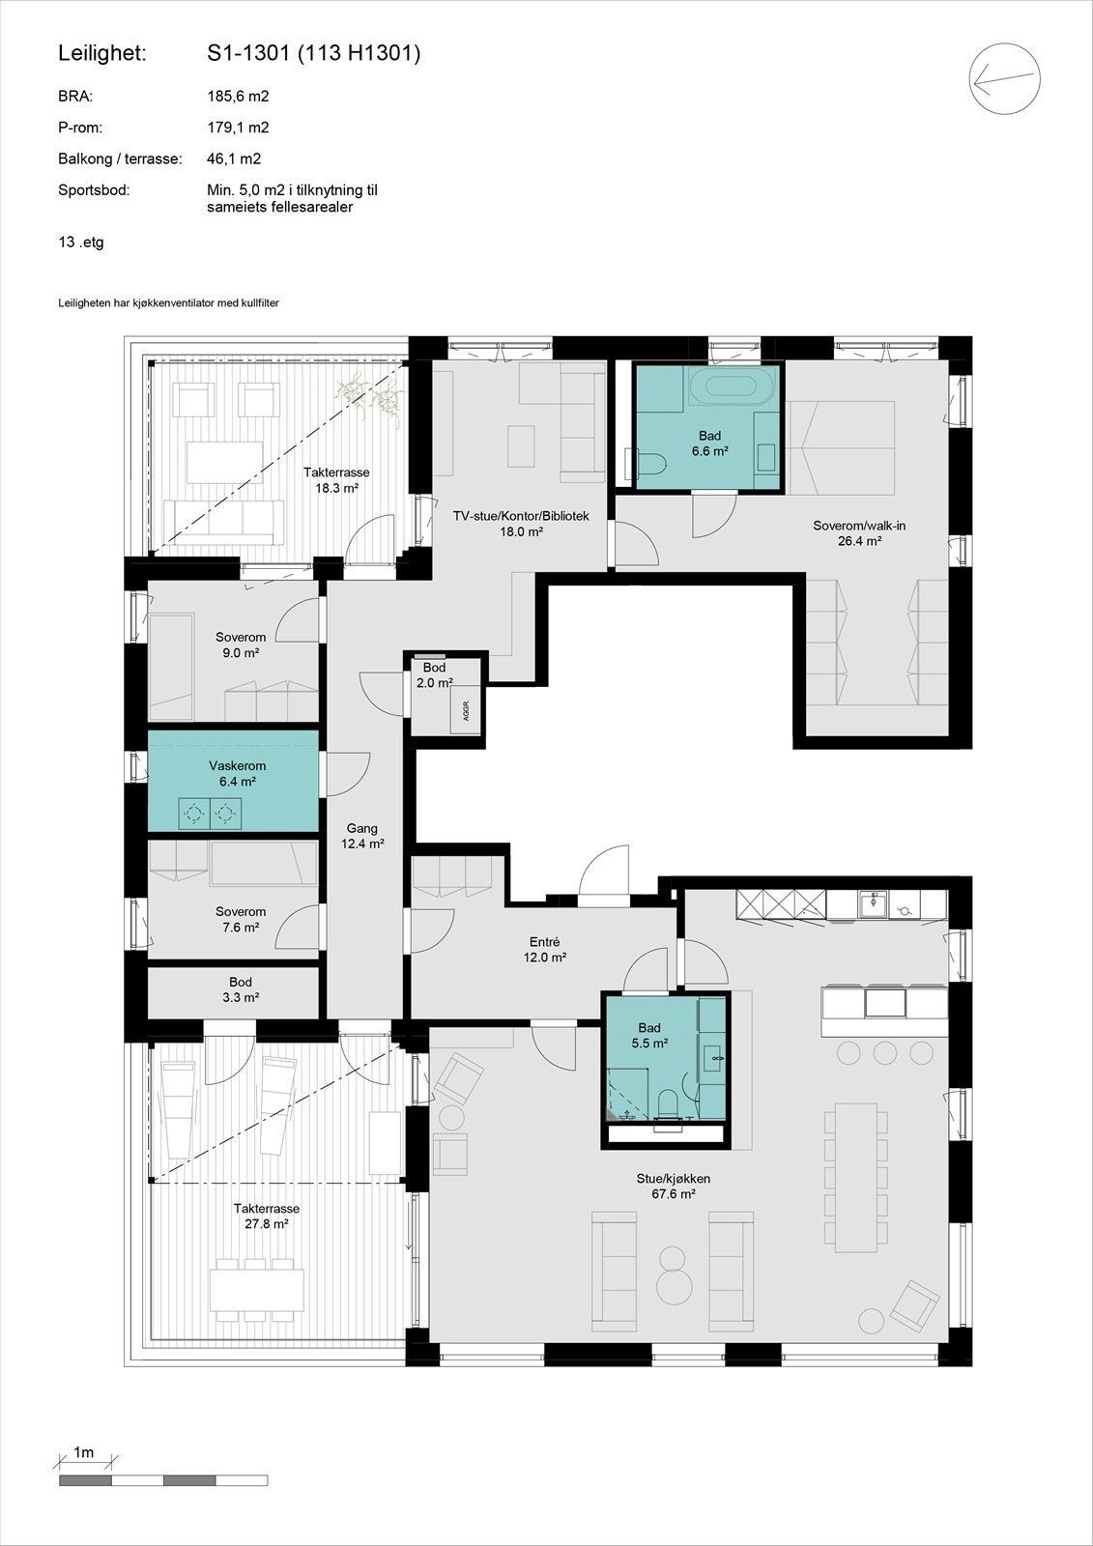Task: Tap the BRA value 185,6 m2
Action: click(x=238, y=97)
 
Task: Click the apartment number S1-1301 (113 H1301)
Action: click(x=313, y=54)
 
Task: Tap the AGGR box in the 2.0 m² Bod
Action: click(x=465, y=711)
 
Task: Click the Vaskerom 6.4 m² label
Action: click(x=237, y=773)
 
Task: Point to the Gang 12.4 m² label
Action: click(x=362, y=836)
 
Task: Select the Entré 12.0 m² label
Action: click(x=545, y=950)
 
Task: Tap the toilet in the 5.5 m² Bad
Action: click(x=668, y=1103)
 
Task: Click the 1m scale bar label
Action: click(x=84, y=1452)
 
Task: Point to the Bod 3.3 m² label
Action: click(x=241, y=989)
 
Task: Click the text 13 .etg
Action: click(x=81, y=243)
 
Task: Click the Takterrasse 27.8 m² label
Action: click(x=267, y=1216)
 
